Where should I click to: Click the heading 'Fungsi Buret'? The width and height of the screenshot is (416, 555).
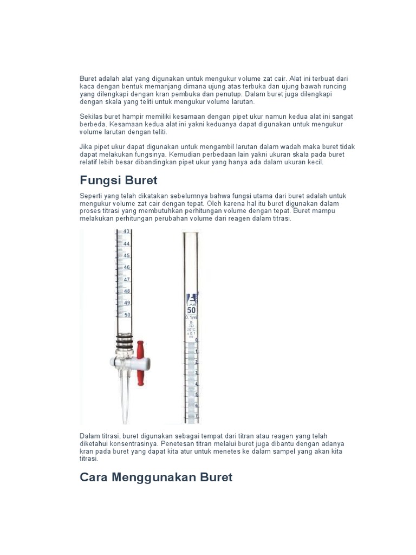(x=118, y=180)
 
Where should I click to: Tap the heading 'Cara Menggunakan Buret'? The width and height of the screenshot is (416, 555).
(x=156, y=477)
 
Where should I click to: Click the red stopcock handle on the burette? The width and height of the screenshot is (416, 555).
(x=141, y=363)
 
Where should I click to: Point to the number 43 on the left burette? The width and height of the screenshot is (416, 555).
(x=127, y=232)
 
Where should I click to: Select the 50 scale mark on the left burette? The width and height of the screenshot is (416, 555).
(x=127, y=314)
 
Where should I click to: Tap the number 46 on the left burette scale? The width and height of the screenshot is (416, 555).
(x=127, y=267)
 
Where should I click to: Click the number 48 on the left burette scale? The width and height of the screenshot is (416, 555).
(x=127, y=291)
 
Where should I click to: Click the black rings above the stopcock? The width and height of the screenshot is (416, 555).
(x=125, y=341)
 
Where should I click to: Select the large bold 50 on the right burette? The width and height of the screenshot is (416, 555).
(x=191, y=310)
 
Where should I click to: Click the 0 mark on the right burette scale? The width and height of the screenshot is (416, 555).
(x=196, y=340)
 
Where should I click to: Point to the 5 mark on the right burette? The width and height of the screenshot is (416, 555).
(x=196, y=394)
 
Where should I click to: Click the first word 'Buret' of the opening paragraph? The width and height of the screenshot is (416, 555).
(x=88, y=79)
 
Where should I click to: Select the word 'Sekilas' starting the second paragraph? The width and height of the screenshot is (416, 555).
(x=91, y=117)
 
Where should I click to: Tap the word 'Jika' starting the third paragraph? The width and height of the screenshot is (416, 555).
(x=86, y=147)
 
